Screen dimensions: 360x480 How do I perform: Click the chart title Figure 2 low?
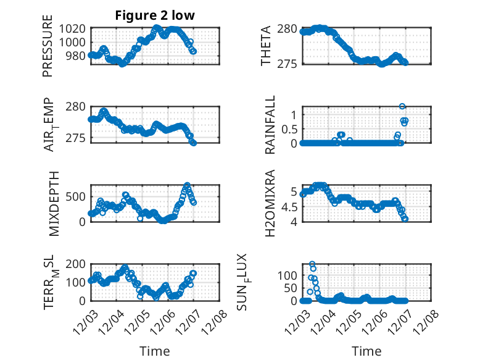155,16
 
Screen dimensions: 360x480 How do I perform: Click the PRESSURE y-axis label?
48,49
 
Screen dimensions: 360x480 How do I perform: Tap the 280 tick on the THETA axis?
289,28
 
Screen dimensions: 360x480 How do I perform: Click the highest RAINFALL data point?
402,106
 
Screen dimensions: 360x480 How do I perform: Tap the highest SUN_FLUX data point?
312,264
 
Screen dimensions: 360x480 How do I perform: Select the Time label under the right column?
366,351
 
